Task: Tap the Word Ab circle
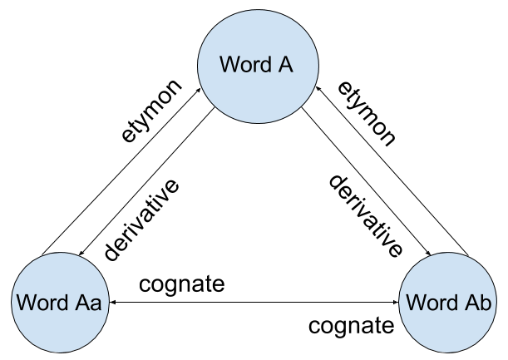448,301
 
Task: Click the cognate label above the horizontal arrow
182,284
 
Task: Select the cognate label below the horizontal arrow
351,324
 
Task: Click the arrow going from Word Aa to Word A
121,170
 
